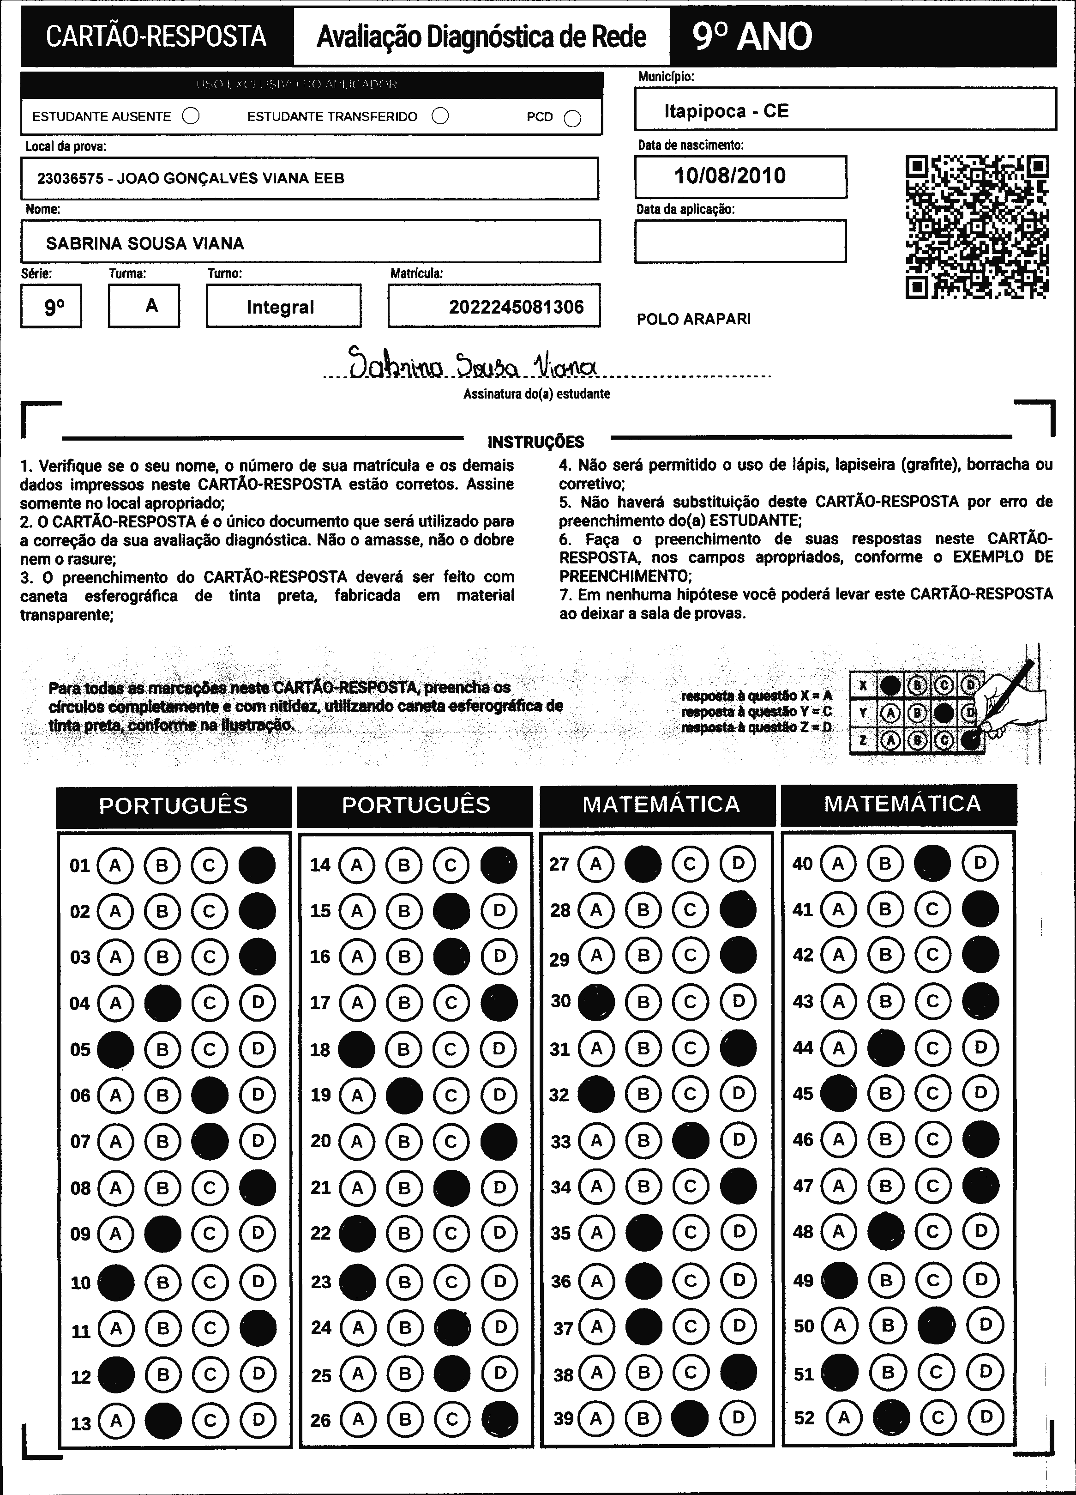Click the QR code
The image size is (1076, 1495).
point(977,227)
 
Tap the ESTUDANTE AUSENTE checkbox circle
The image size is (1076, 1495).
point(191,117)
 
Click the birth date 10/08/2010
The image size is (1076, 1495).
point(730,176)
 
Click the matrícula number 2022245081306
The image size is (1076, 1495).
point(516,307)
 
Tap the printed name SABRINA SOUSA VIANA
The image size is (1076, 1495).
point(145,243)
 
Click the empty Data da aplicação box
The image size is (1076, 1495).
point(740,241)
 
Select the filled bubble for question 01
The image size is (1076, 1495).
point(257,865)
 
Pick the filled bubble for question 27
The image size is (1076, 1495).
point(643,864)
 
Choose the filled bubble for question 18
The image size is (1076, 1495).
point(356,1049)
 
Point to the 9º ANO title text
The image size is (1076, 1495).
point(752,37)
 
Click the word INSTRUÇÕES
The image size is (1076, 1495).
point(536,442)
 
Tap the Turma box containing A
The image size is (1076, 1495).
point(144,306)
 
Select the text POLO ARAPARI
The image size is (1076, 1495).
point(693,319)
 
